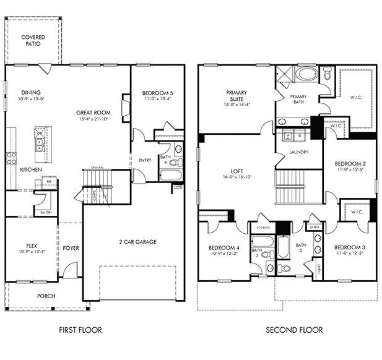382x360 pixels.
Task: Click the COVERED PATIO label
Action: tap(33, 41)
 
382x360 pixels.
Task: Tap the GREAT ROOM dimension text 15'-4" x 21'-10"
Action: tap(93, 119)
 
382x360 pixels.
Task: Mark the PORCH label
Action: tap(45, 296)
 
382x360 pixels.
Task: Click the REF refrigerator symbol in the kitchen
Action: tap(46, 182)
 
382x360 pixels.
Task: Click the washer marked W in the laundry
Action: tap(289, 134)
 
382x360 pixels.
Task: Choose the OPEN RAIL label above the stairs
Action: tap(96, 168)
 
